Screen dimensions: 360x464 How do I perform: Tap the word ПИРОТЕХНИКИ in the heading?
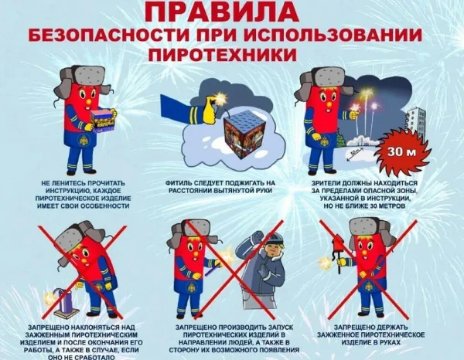[231, 56]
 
